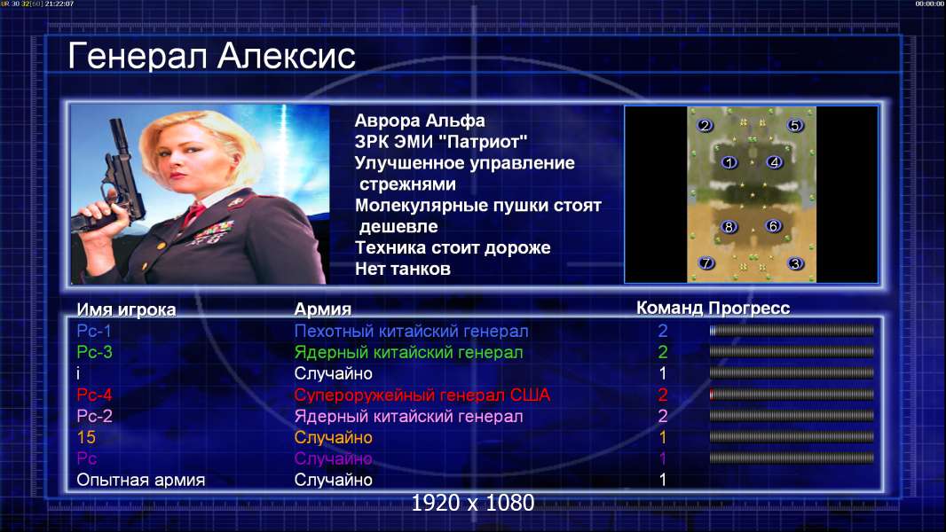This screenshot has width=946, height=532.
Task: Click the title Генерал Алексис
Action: click(x=211, y=56)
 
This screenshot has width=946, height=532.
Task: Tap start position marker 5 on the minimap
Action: click(x=794, y=125)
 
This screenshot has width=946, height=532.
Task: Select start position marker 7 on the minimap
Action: click(x=706, y=262)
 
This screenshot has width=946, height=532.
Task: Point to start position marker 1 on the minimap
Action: click(x=729, y=162)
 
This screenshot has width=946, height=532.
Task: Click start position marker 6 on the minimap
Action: click(x=773, y=226)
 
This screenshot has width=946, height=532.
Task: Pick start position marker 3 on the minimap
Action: click(x=795, y=263)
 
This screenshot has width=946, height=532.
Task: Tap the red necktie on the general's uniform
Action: click(x=193, y=214)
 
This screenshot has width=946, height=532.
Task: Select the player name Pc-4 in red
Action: click(x=94, y=395)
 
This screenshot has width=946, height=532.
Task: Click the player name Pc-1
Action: click(x=94, y=331)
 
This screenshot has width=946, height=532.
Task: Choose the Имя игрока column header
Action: click(x=126, y=309)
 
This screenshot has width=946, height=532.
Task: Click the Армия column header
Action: click(x=323, y=309)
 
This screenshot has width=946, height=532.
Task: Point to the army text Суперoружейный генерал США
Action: click(x=422, y=395)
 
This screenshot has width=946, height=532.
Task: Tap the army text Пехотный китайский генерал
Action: click(x=412, y=331)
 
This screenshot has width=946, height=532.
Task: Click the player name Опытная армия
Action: click(x=140, y=481)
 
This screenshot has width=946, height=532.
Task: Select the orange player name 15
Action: click(x=86, y=437)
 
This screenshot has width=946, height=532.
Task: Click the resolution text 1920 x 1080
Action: click(x=473, y=503)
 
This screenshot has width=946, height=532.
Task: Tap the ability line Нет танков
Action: click(x=403, y=269)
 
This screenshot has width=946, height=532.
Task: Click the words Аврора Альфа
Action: click(x=420, y=121)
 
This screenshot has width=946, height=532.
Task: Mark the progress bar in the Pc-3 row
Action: click(x=792, y=352)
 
